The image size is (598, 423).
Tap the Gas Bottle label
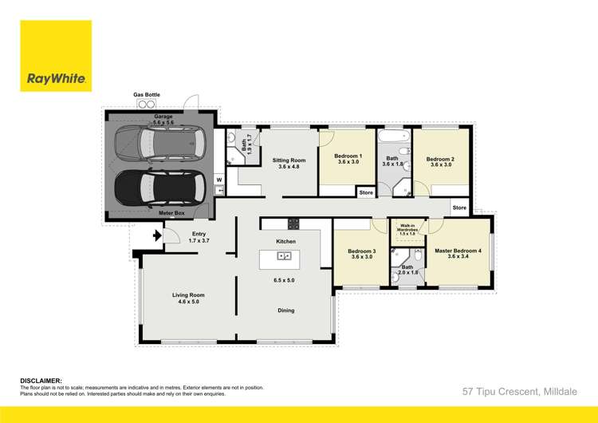click(x=147, y=95)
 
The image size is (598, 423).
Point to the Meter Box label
click(x=173, y=213)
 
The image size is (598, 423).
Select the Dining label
click(x=285, y=310)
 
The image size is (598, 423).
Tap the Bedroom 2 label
click(x=441, y=159)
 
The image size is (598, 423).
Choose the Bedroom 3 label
click(x=363, y=251)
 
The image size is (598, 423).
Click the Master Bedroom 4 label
click(x=458, y=251)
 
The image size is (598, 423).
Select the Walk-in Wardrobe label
click(x=407, y=231)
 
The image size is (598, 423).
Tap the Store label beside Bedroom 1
click(x=366, y=192)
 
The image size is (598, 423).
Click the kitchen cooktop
click(x=293, y=224)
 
